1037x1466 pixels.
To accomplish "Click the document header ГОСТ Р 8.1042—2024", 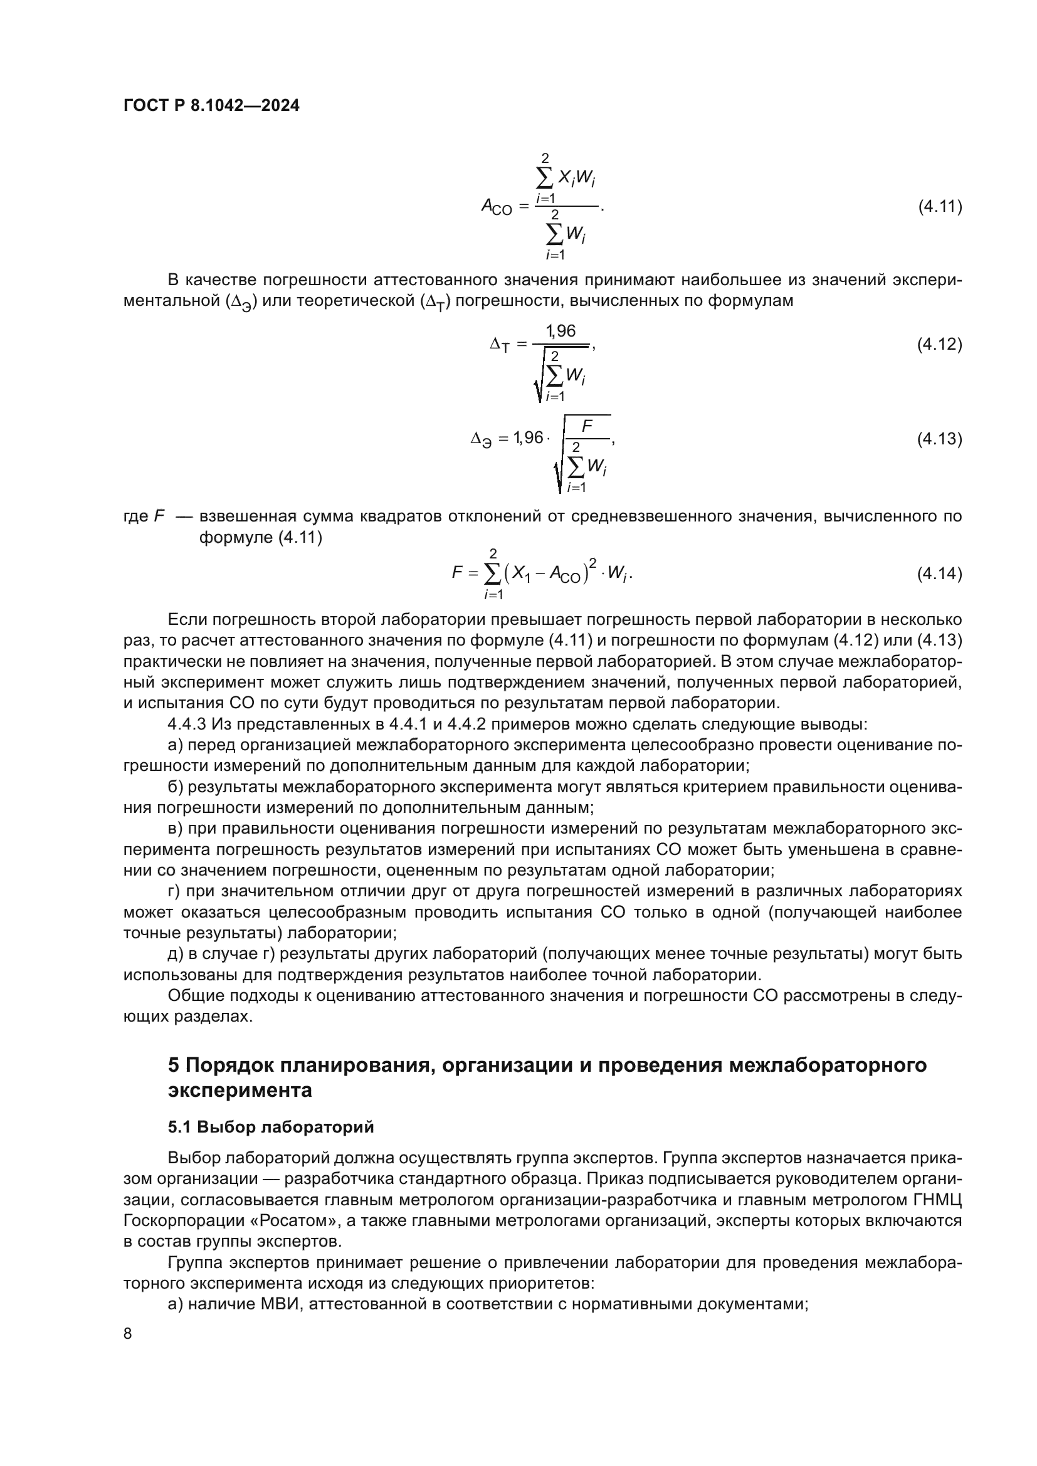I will [211, 106].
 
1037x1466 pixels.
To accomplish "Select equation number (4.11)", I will [939, 207].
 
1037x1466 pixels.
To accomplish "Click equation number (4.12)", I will [939, 345].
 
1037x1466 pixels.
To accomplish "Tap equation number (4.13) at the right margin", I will [939, 439].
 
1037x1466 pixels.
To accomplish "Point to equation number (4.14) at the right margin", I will [939, 574].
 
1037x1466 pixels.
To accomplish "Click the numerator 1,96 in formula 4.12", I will [560, 331].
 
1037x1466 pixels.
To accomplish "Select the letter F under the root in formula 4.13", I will [586, 426].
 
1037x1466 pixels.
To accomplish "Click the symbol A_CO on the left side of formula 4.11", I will [496, 207].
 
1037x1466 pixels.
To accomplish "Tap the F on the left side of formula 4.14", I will [456, 573].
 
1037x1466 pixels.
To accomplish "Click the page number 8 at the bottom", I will [128, 1334].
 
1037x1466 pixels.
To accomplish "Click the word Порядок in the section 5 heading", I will [227, 1065].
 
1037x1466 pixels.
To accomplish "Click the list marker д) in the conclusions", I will [176, 954].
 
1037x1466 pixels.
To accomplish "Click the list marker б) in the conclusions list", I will [176, 787].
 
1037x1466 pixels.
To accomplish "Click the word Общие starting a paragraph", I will [189, 995].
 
